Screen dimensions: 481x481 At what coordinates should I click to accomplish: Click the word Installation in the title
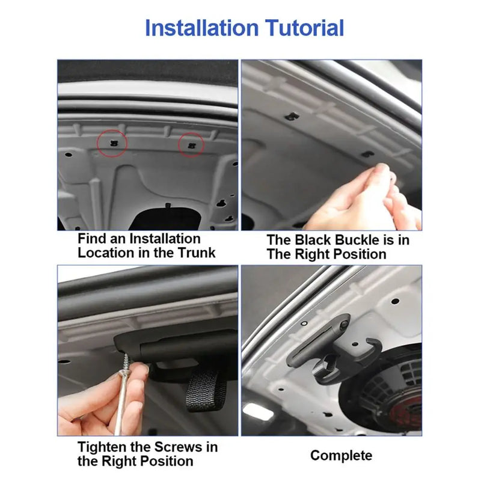201,28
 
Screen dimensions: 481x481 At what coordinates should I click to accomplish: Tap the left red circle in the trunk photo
112,143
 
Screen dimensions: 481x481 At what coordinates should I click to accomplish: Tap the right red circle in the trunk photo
191,145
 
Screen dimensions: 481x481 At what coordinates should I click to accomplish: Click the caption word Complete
341,455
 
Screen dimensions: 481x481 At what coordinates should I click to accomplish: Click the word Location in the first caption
105,253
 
